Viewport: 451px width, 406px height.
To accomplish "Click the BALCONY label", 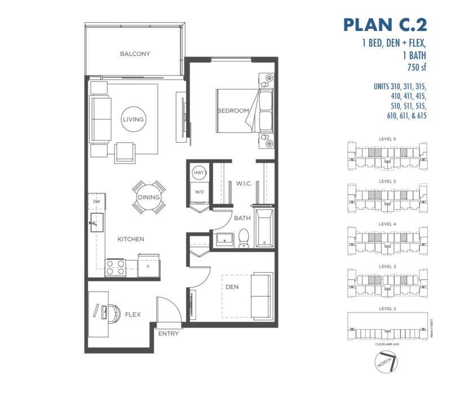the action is (x=135, y=54).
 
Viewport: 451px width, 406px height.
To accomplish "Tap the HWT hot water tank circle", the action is (x=199, y=173).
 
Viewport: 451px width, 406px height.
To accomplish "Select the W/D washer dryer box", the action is (x=199, y=192).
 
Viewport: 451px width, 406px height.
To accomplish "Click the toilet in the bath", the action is (x=244, y=238).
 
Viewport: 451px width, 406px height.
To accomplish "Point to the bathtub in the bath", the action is (x=264, y=228).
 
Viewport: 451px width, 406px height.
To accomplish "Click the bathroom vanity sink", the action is (x=225, y=240).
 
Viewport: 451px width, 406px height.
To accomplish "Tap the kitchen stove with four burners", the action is (x=116, y=268).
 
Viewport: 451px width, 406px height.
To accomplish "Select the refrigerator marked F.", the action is (x=148, y=266).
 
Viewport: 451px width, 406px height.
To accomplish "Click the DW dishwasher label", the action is (x=96, y=201).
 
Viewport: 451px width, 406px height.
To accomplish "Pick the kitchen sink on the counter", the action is (x=97, y=222).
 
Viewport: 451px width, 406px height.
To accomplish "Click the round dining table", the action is (x=149, y=197).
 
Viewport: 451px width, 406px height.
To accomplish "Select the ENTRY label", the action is (x=169, y=333).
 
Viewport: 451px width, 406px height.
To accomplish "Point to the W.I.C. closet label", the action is (x=244, y=183).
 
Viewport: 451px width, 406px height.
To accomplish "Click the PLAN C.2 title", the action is (x=385, y=25).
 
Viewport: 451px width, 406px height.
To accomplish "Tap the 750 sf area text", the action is (x=417, y=67).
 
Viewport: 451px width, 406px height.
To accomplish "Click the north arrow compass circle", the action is (x=386, y=363).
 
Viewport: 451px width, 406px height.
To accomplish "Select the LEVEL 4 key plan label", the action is (x=387, y=224).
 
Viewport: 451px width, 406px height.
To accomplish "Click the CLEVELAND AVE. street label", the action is (x=387, y=344).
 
